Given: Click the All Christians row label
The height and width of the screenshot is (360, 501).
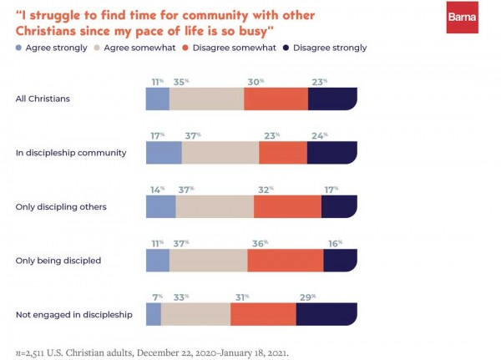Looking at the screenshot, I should pyautogui.click(x=44, y=99).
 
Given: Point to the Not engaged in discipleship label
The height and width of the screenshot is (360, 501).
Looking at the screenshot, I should pyautogui.click(x=74, y=314).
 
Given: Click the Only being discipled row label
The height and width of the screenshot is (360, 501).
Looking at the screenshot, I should pyautogui.click(x=58, y=261).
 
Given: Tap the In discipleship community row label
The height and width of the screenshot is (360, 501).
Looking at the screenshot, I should pyautogui.click(x=70, y=153).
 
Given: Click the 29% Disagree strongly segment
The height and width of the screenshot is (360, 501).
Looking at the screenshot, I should pyautogui.click(x=326, y=314).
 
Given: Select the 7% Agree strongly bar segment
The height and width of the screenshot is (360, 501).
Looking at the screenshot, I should pyautogui.click(x=154, y=314).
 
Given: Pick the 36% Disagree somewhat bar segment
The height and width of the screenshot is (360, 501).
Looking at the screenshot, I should pyautogui.click(x=286, y=261).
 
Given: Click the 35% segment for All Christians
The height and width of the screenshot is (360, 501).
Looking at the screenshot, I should pyautogui.click(x=206, y=99).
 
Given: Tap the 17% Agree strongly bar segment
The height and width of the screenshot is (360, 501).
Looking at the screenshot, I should pyautogui.click(x=164, y=153).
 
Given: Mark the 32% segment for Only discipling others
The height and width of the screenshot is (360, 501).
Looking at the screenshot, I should pyautogui.click(x=287, y=206).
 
